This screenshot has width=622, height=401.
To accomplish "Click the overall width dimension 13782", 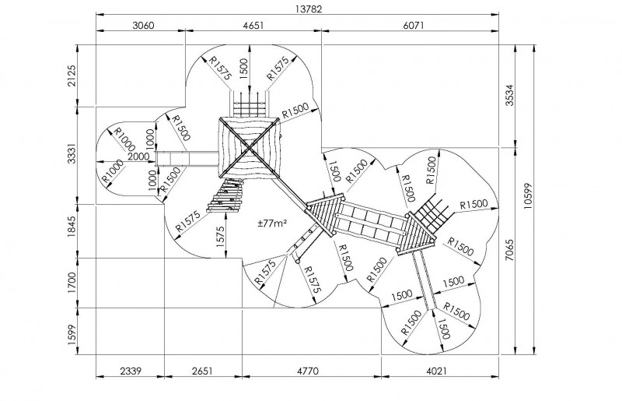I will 298,9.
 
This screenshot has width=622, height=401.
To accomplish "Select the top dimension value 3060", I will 144,26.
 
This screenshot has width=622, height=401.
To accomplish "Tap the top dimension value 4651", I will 253,26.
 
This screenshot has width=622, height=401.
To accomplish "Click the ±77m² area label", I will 273,223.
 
